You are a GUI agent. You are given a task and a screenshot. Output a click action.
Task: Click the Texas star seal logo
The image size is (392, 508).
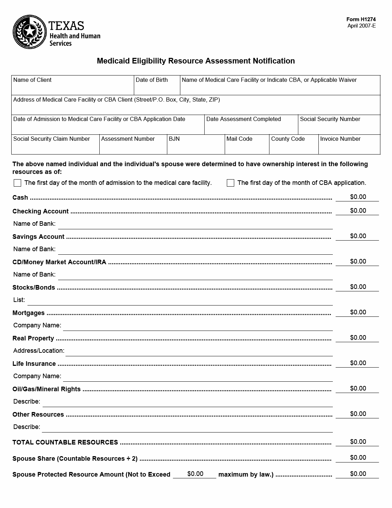(30, 32)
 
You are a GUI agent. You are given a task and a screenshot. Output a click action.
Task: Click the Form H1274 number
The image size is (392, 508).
(361, 19)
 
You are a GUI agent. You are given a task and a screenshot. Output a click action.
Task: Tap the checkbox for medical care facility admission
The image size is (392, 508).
(17, 183)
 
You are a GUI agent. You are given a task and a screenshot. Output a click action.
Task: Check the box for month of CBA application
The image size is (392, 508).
(230, 183)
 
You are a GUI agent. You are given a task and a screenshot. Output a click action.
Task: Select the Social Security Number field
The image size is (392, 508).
(339, 127)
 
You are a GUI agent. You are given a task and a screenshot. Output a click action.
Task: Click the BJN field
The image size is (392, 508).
(195, 147)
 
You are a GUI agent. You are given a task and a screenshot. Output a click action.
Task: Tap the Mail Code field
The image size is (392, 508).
(247, 147)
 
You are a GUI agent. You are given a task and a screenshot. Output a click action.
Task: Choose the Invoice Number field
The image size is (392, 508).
(349, 147)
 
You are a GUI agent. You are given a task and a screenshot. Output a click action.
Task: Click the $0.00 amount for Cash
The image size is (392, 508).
(358, 197)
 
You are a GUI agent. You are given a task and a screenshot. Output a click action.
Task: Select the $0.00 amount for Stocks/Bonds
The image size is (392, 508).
(358, 287)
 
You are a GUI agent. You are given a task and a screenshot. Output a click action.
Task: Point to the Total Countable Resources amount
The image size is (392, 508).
(358, 442)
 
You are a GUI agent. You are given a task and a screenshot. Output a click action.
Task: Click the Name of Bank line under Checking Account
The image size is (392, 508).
(195, 224)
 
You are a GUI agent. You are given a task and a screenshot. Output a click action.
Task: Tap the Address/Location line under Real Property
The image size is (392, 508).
(199, 351)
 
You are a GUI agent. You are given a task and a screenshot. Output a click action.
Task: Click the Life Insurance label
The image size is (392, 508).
(34, 364)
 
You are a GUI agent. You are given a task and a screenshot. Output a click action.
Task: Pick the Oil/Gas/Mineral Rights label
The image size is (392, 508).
(46, 389)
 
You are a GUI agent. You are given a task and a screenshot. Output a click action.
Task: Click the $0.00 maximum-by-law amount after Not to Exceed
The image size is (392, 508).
(195, 474)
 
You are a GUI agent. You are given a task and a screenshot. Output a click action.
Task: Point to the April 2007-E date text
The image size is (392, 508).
(361, 26)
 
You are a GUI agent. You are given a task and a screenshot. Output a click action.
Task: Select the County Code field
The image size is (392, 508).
(293, 147)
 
